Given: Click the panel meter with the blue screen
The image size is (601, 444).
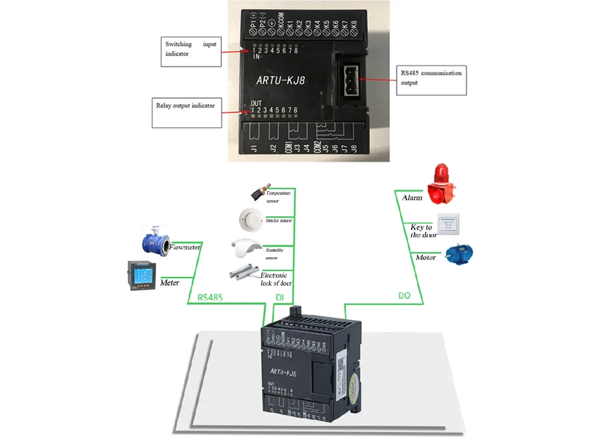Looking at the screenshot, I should (144, 276).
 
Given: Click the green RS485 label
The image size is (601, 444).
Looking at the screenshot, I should (211, 297).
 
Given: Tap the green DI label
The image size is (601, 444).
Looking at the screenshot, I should (279, 297).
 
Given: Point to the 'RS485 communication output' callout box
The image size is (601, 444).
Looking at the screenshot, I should (432, 80).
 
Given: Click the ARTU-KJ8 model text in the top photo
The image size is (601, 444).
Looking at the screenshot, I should (281, 79).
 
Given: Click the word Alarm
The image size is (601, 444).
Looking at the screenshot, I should (412, 198).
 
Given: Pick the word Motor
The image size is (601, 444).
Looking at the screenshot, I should (426, 257).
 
